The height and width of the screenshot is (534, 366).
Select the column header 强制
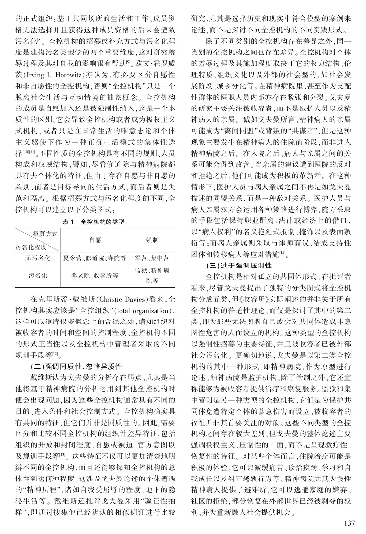point(152,239)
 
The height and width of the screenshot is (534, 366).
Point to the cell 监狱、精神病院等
point(152,275)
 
